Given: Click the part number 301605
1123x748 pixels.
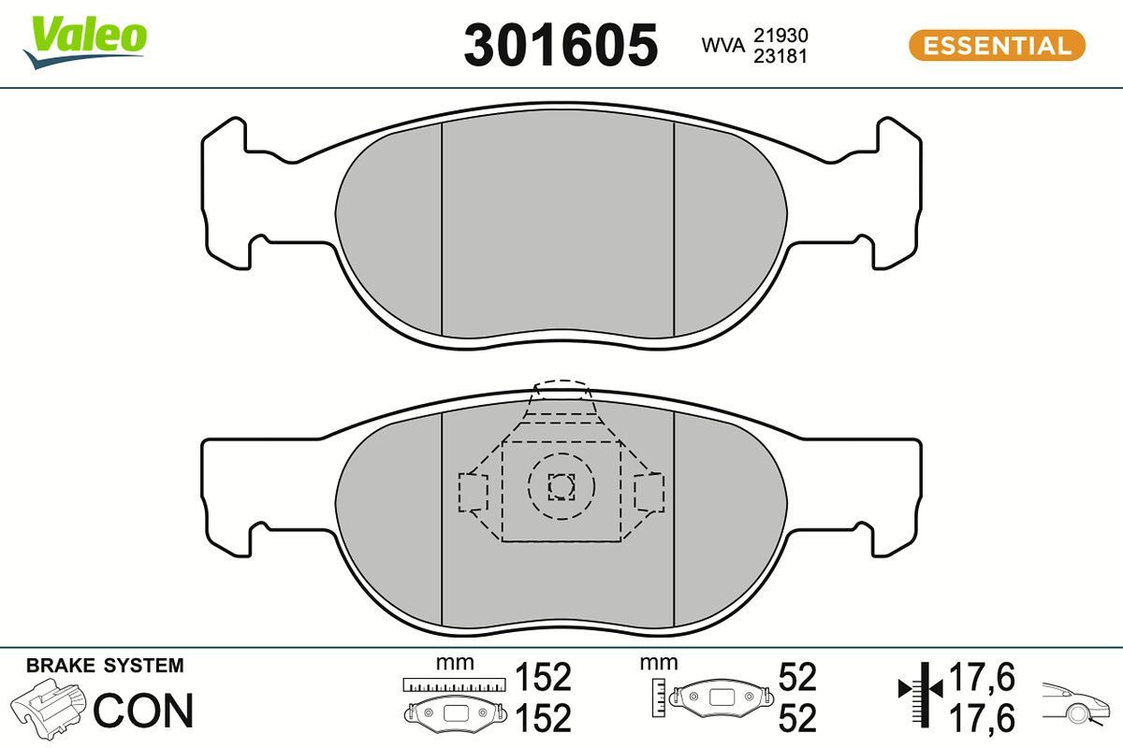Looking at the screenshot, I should tap(561, 45).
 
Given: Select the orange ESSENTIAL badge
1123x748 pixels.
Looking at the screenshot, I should tap(997, 45).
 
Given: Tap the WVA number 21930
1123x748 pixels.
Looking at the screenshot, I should tap(780, 35).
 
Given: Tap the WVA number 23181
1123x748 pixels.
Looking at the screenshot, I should tap(780, 55).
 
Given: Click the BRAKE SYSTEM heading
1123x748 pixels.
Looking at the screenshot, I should tap(105, 666).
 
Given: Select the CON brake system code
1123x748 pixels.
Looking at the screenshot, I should tap(144, 711).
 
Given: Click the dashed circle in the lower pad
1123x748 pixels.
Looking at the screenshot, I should tap(561, 485).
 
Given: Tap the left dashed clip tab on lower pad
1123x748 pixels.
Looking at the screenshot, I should tap(473, 492).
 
